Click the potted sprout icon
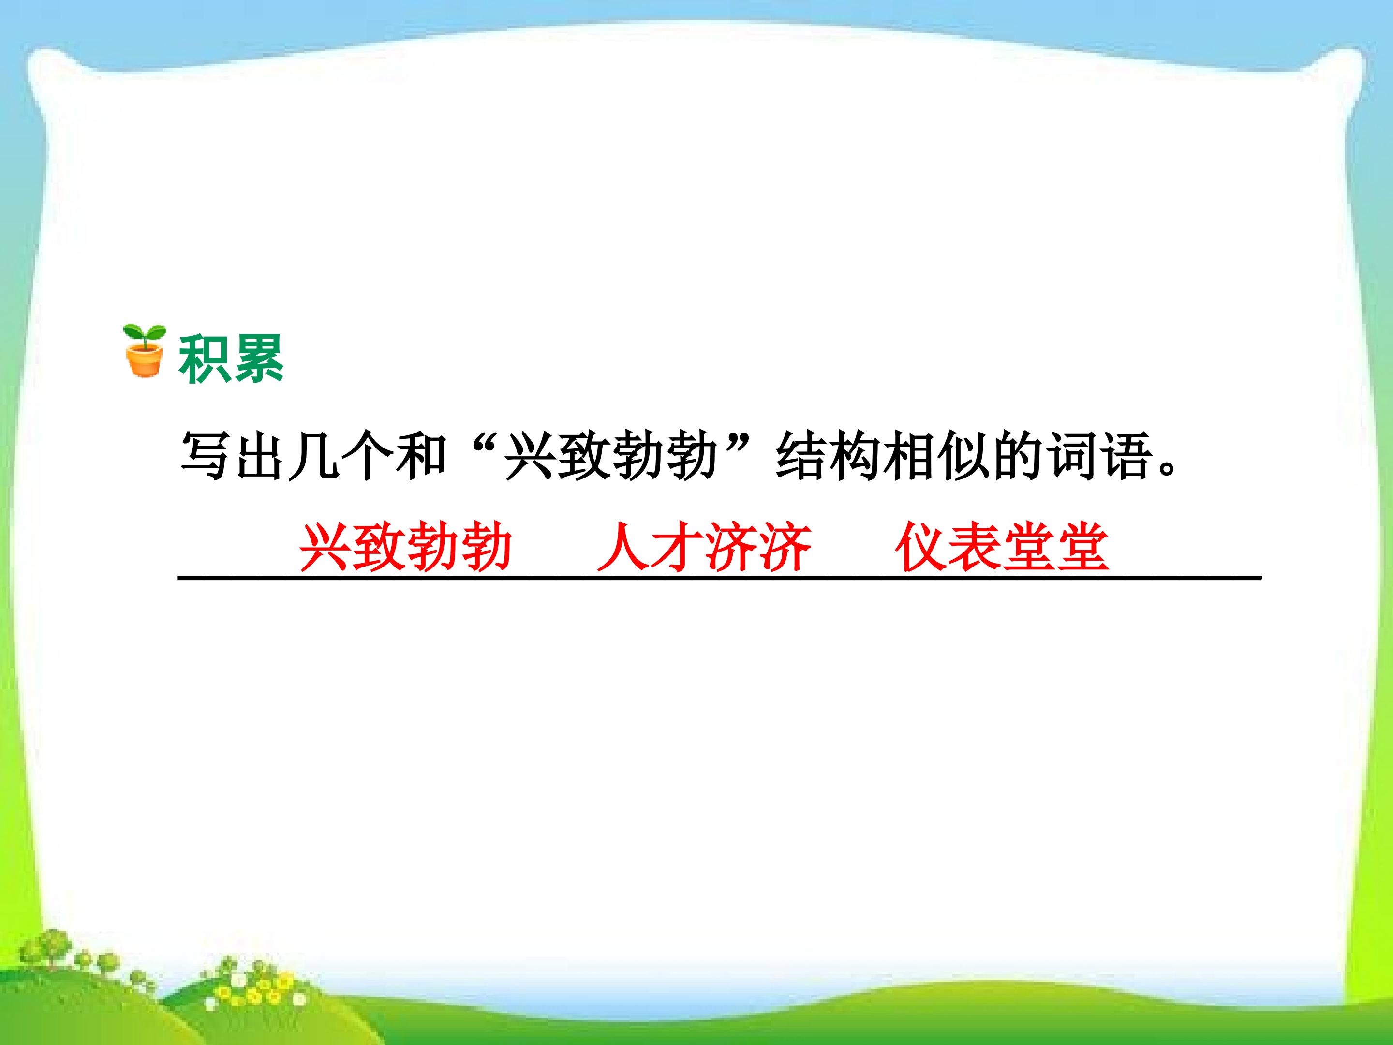[144, 351]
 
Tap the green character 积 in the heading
[205, 359]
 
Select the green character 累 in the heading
[258, 359]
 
